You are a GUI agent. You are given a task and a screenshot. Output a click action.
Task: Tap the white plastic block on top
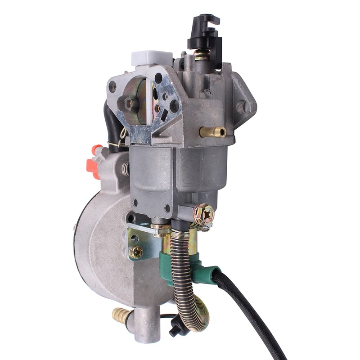(x=145, y=59)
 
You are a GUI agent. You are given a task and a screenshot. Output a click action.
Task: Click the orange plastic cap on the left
(x=93, y=162)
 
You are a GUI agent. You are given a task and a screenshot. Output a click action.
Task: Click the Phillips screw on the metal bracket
(x=135, y=252)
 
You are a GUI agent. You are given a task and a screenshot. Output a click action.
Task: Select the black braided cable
(x=252, y=310)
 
